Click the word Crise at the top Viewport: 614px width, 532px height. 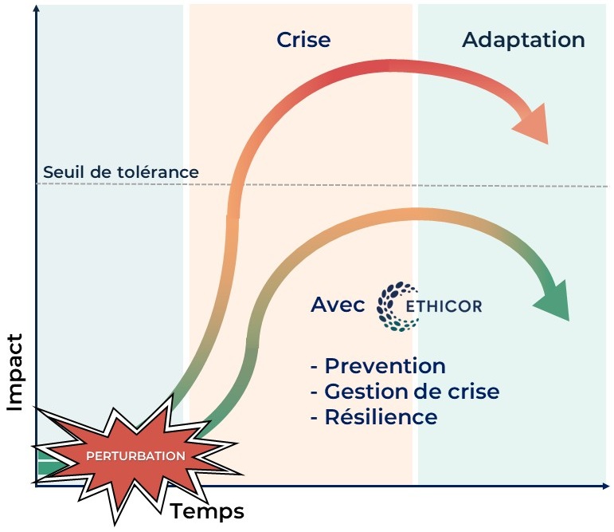[303, 40]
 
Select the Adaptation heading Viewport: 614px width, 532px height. [523, 40]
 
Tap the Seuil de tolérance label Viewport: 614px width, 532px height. [121, 171]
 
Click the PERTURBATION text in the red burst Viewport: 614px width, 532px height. [135, 456]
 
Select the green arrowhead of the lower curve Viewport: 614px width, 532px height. [553, 298]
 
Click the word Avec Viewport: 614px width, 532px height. [338, 305]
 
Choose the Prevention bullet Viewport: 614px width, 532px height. [377, 366]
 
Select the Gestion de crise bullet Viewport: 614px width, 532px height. [405, 391]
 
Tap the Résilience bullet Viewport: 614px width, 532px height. [373, 416]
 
